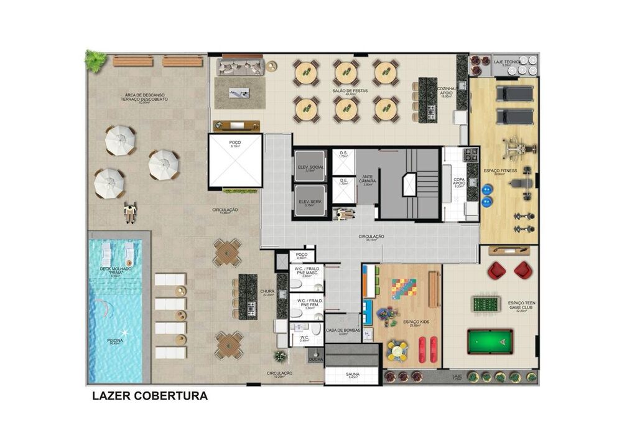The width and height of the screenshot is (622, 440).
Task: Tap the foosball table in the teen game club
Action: point(486,304)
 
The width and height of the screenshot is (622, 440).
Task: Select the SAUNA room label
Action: point(352,375)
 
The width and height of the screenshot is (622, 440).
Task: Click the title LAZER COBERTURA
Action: point(149,396)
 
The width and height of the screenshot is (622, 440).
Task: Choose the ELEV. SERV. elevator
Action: point(309,202)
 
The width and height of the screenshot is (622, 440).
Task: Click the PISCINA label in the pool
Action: point(114,340)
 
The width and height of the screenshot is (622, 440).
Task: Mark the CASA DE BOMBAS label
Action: point(343,331)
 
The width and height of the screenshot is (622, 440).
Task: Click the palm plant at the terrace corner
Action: point(96,61)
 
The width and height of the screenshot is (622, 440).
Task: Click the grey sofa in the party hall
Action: point(241,66)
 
